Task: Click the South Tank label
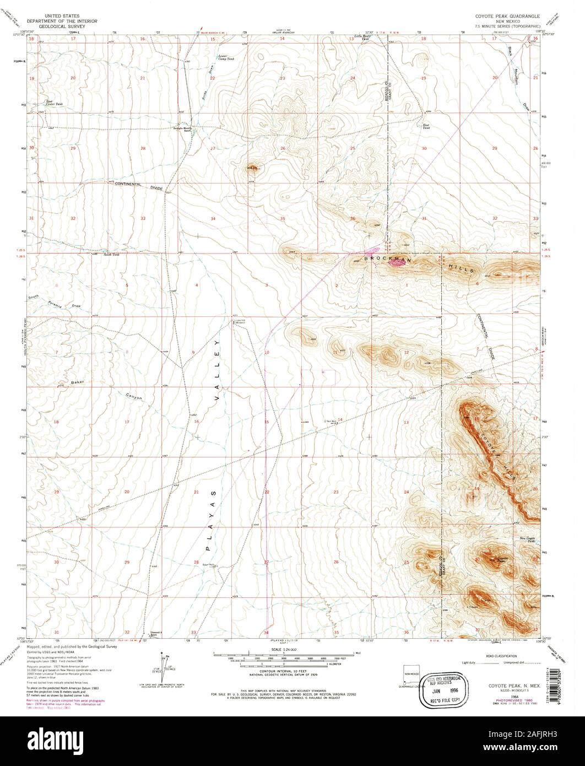pyautogui.click(x=112, y=255)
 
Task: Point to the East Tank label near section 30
pyautogui.click(x=425, y=126)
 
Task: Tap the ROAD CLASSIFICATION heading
pyautogui.click(x=501, y=656)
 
